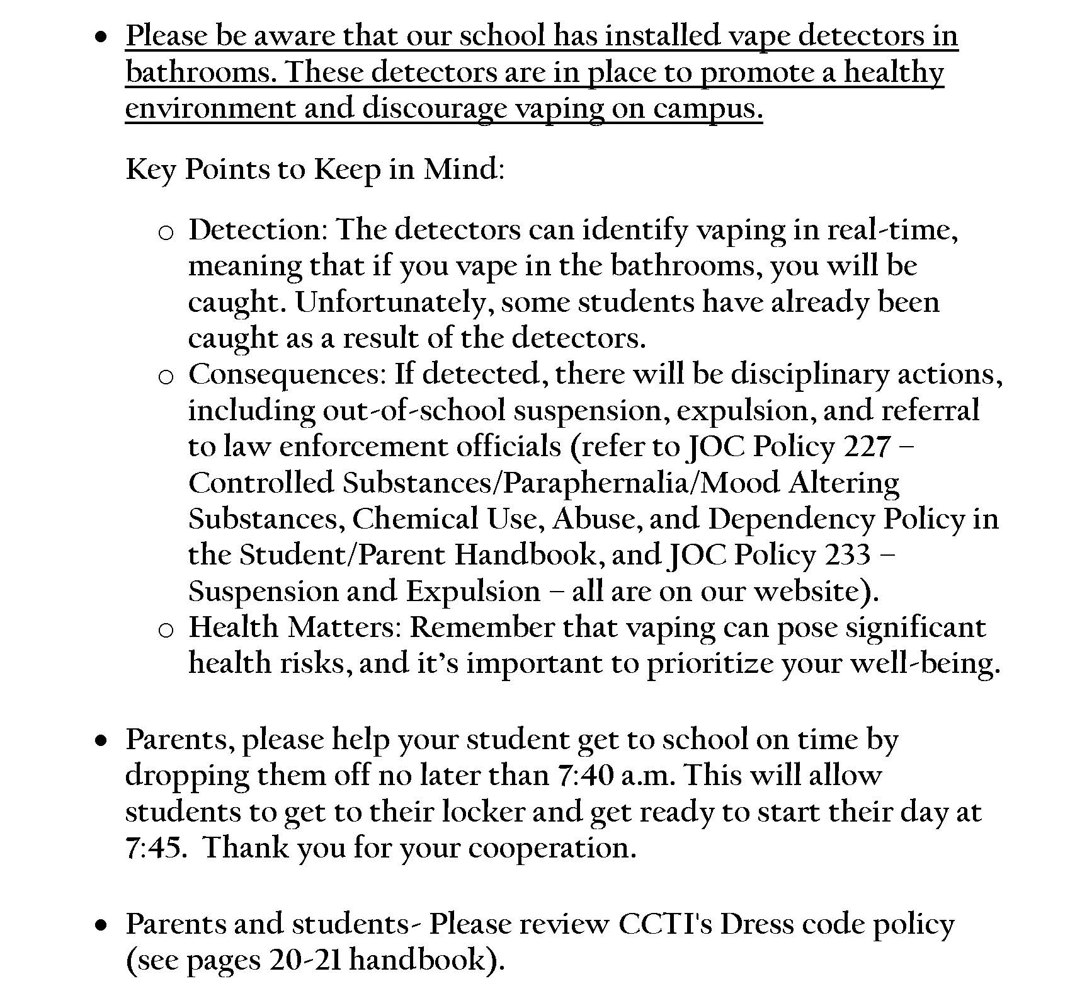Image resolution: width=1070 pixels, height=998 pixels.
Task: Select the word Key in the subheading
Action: click(x=151, y=169)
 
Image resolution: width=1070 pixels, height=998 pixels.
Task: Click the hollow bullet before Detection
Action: click(x=166, y=233)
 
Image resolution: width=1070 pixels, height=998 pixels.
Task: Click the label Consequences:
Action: click(x=287, y=374)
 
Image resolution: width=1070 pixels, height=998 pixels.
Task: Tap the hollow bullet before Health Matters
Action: click(x=166, y=630)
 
